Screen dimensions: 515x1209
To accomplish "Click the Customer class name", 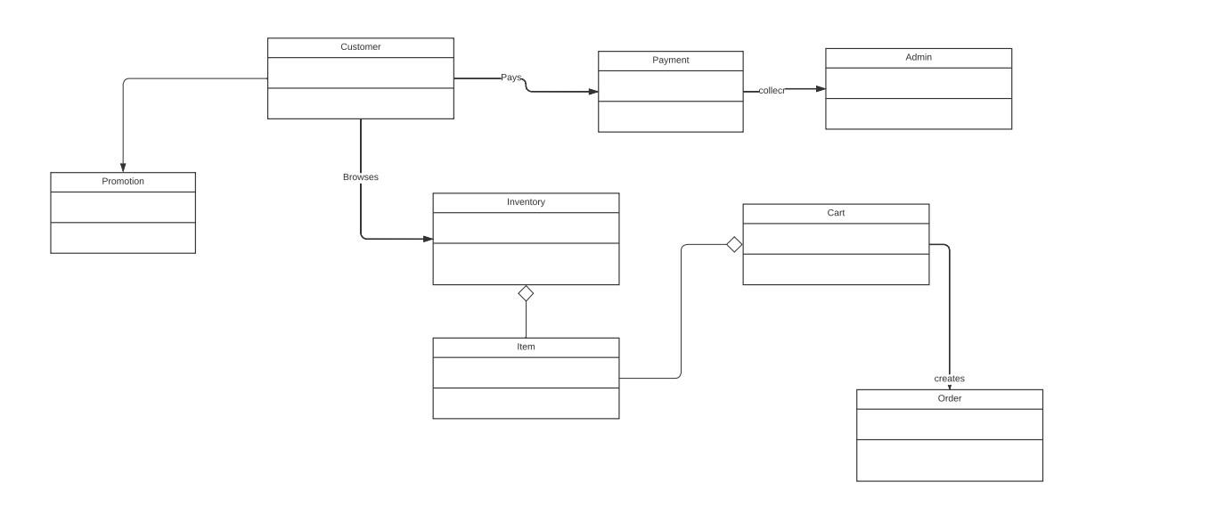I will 360,47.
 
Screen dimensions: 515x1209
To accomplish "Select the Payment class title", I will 670,61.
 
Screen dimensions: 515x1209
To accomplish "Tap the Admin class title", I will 918,57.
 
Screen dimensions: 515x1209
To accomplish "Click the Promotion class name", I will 123,182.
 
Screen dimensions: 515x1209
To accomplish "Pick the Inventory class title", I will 526,202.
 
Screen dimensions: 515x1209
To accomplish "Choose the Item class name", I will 526,347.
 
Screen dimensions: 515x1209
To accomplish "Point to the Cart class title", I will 836,213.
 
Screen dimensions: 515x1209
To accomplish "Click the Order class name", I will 949,399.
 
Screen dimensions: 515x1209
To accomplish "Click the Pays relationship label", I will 511,78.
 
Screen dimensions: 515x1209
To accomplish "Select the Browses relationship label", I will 361,177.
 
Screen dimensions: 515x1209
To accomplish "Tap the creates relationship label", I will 949,379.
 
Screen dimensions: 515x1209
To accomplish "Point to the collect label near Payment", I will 772,91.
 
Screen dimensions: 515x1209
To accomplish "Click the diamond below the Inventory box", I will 526,293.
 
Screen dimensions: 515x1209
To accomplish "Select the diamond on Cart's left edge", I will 734,244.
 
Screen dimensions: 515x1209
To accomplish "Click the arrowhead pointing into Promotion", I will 123,167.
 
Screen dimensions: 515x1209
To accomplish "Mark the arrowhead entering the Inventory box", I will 428,239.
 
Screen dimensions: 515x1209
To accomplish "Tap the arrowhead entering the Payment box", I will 592,91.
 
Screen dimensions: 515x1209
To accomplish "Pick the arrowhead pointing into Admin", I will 820,89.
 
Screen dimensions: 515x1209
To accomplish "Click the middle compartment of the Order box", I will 949,424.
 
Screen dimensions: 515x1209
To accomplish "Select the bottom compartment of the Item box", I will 526,403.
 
